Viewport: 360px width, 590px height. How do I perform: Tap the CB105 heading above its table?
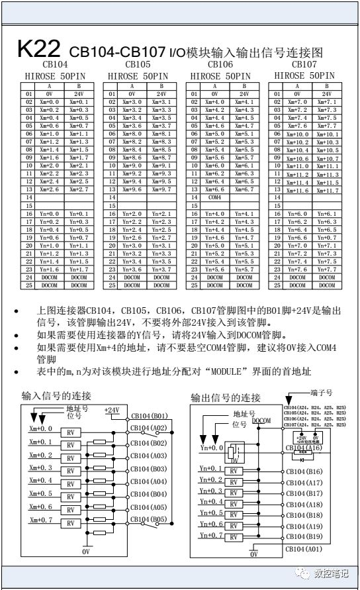point(138,65)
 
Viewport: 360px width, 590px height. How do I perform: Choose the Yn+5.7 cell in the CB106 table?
point(243,269)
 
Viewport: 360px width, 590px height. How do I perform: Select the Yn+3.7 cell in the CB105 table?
point(159,269)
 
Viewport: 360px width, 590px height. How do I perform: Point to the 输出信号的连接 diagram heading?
point(225,397)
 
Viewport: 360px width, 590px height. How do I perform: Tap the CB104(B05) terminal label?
point(148,520)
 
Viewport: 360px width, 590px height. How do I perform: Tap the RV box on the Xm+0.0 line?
point(70,431)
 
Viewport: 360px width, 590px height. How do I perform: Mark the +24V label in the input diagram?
point(112,411)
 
